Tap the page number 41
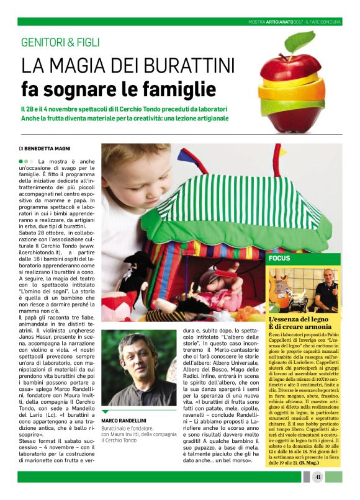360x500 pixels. (x=317, y=477)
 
